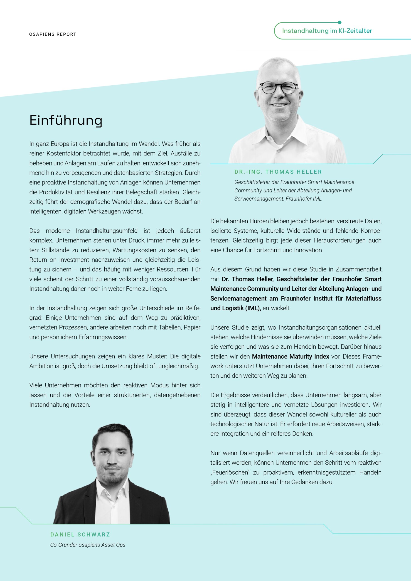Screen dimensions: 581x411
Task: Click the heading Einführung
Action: coord(66,120)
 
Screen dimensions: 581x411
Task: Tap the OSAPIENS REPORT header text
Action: coord(53,34)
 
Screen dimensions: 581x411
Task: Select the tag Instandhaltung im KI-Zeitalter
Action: coord(327,31)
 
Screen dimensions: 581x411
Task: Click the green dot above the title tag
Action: coord(340,22)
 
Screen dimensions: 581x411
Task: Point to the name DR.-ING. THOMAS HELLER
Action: coord(278,172)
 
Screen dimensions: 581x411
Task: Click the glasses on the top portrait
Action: coord(278,88)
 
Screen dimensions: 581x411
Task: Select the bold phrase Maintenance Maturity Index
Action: coord(290,356)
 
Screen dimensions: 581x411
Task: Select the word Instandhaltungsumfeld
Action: coord(106,231)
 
